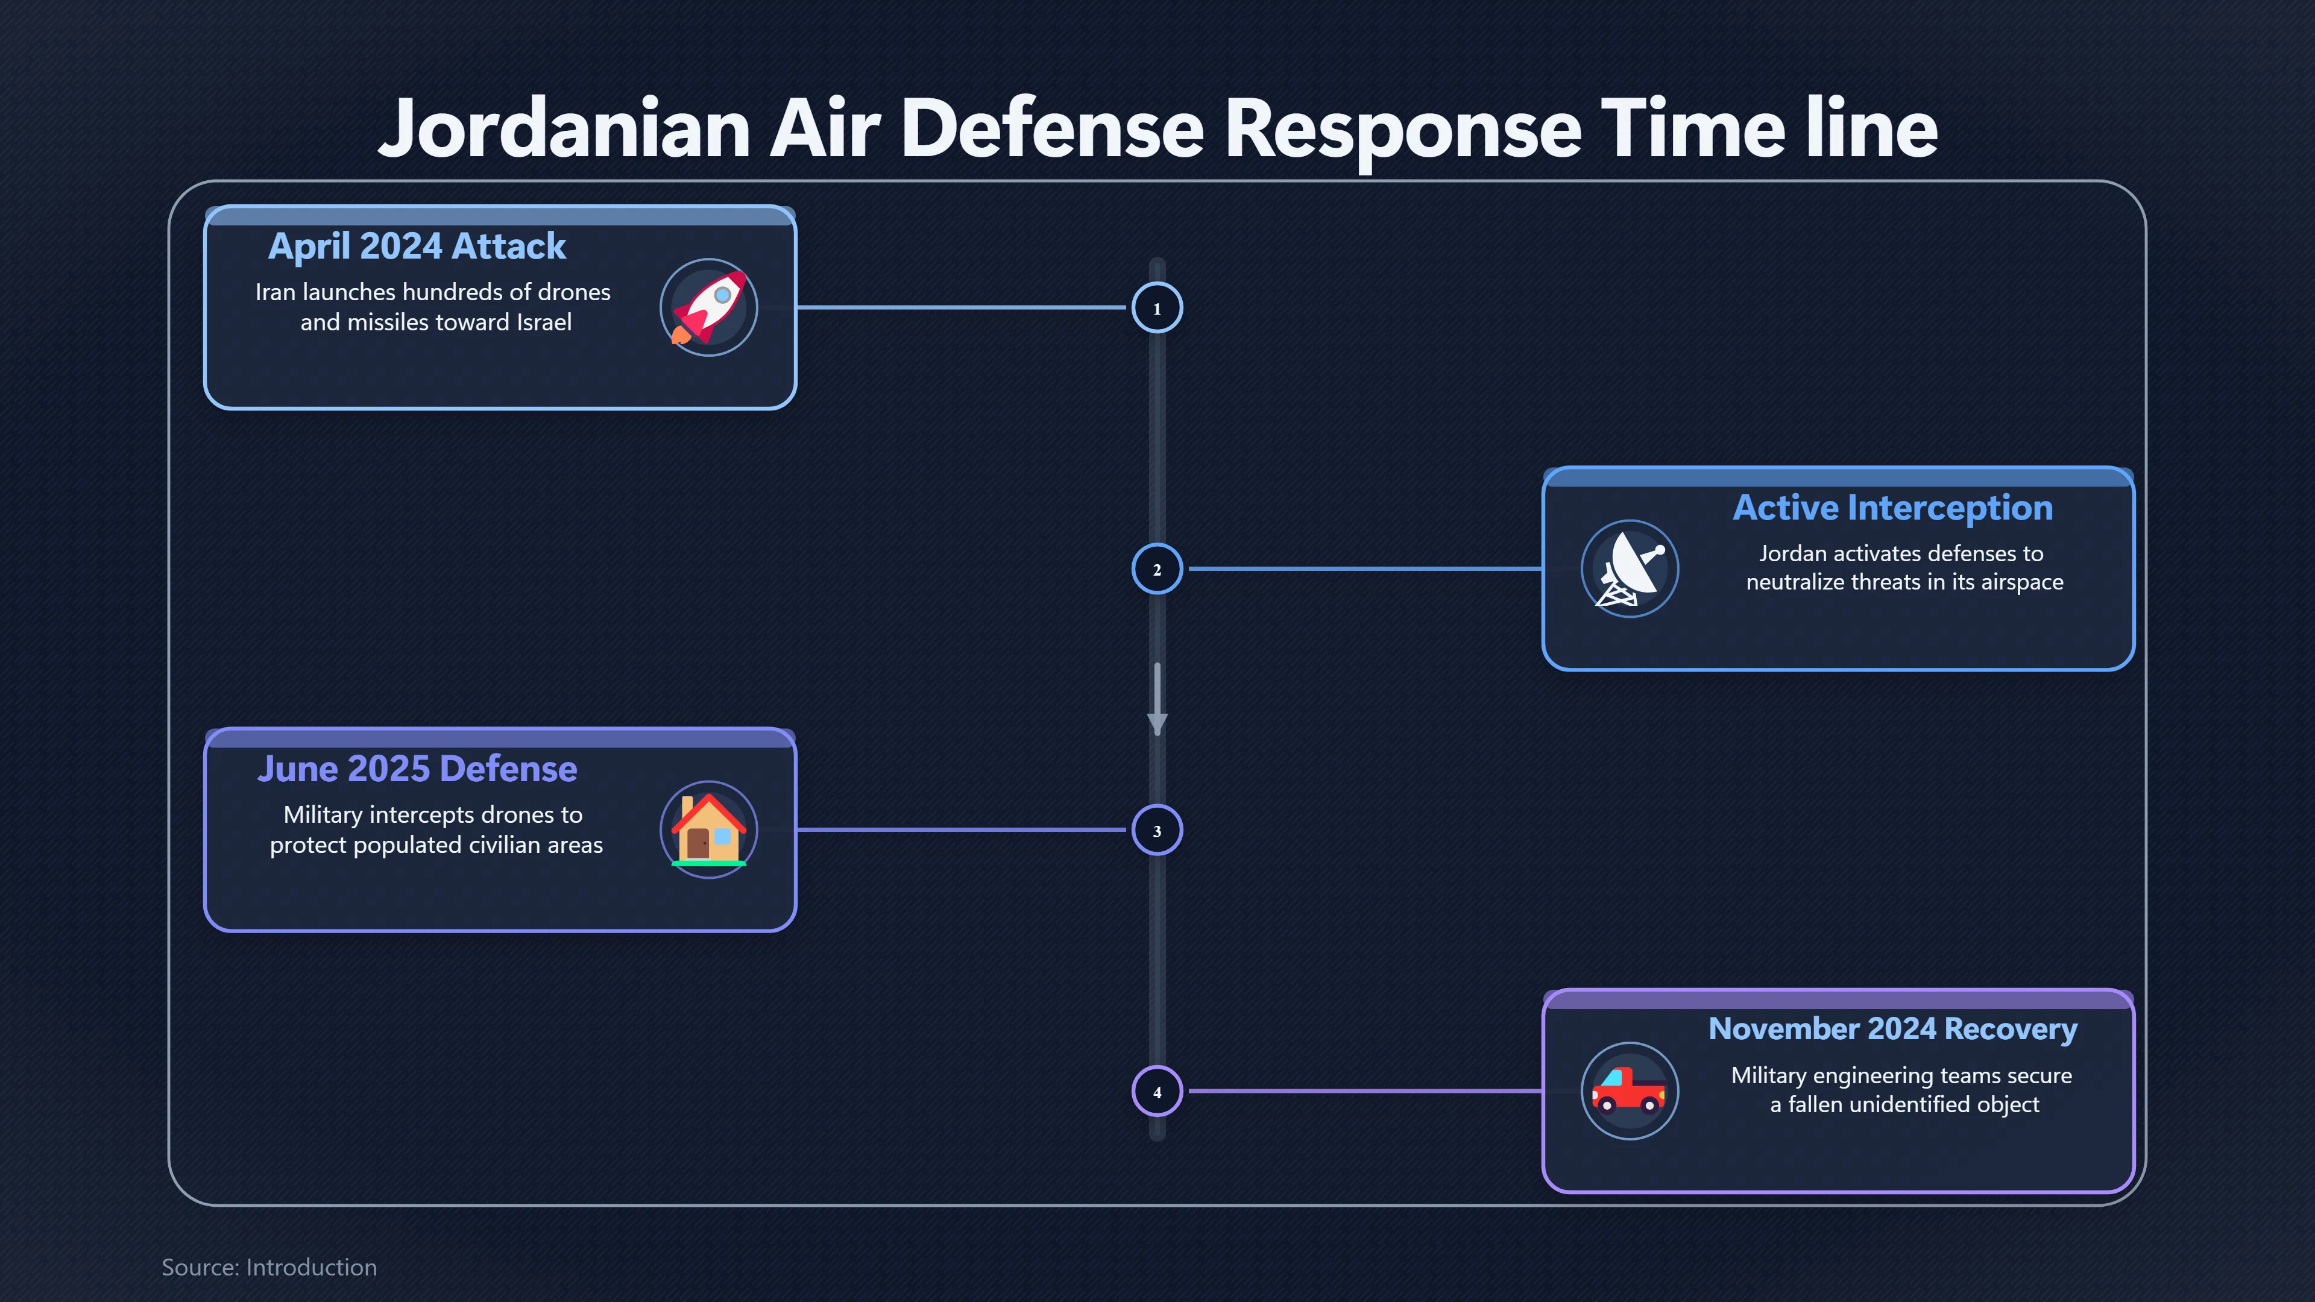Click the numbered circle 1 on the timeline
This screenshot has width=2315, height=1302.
[1157, 307]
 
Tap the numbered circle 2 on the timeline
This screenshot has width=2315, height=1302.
[1157, 569]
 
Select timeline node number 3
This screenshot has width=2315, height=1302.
[1157, 829]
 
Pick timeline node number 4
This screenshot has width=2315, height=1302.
[1157, 1091]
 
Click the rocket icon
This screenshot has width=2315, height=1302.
[709, 307]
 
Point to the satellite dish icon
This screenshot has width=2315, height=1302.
[1630, 569]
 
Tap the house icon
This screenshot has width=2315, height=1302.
[709, 829]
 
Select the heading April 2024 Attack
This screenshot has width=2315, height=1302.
[417, 246]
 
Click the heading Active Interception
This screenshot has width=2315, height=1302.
[1892, 508]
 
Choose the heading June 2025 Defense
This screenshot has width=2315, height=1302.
[417, 769]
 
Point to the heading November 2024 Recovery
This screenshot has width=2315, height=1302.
[1892, 1029]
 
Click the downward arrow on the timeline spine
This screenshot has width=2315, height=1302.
[1157, 699]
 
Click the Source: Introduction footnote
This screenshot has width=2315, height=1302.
[269, 1267]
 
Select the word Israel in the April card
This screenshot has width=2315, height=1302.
[544, 322]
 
